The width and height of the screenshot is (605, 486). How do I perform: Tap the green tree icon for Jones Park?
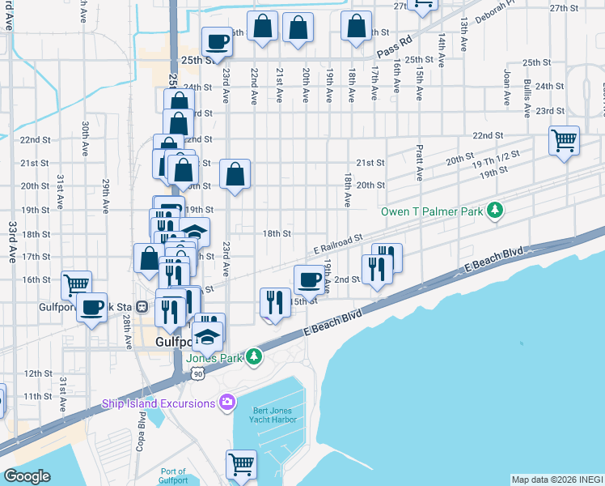pos(254,356)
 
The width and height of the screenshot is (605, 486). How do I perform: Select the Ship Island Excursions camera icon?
pos(226,402)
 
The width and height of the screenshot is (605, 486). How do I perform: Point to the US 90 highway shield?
pos(197,373)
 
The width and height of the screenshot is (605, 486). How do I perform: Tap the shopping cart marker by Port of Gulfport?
pos(241,464)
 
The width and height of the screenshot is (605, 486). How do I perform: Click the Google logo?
pos(27,476)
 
